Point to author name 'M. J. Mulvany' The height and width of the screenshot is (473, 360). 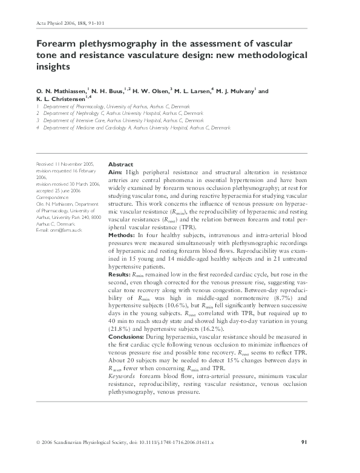click(x=234, y=91)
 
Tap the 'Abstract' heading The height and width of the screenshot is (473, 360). click(x=120, y=165)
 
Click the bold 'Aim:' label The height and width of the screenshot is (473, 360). click(x=116, y=172)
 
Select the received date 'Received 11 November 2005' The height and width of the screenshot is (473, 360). click(x=65, y=165)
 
